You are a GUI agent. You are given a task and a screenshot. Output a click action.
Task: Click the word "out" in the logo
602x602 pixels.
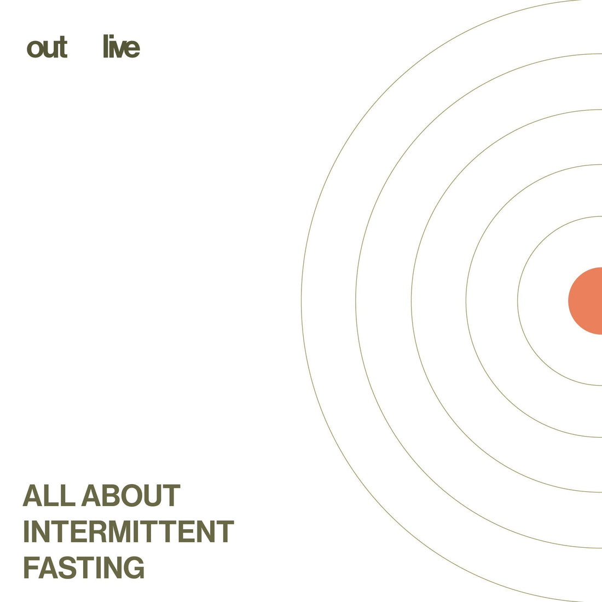(x=47, y=48)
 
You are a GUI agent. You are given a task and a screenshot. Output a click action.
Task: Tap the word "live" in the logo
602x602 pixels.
(x=121, y=47)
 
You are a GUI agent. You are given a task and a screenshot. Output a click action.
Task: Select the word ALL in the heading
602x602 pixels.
(x=49, y=495)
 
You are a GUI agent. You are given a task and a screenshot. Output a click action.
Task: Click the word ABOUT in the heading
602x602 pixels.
(x=131, y=495)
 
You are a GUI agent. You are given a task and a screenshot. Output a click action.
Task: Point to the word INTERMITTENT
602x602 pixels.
(x=129, y=531)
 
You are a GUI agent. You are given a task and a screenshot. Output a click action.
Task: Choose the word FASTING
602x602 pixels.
(x=84, y=567)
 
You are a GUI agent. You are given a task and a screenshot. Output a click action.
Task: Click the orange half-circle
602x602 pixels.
(x=585, y=301)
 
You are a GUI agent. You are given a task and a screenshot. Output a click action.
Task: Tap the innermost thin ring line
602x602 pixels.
(x=518, y=301)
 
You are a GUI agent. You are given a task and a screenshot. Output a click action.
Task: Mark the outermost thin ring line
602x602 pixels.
(x=302, y=301)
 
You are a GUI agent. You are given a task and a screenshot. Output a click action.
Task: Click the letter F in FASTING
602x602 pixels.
(x=32, y=567)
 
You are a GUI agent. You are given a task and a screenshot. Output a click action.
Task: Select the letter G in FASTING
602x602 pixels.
(x=133, y=567)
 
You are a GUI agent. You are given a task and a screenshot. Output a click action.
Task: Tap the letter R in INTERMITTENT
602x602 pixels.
(x=99, y=531)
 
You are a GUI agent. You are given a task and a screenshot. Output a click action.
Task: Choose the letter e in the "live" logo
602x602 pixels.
(x=132, y=49)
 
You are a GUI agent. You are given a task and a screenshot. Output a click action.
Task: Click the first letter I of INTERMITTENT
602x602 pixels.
(x=26, y=531)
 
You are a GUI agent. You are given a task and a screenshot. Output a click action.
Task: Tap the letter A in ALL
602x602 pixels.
(x=33, y=495)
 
